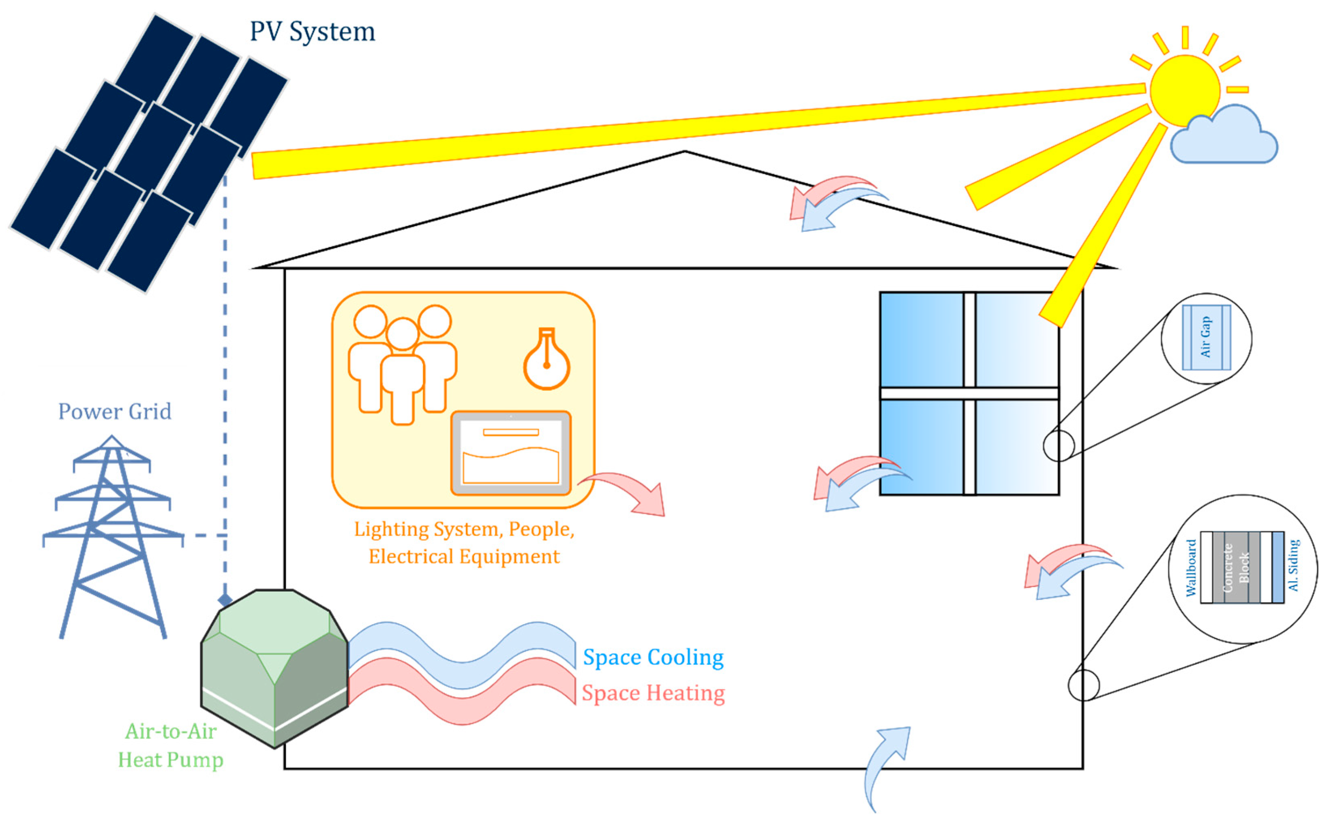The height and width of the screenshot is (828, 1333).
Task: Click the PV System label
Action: point(312,32)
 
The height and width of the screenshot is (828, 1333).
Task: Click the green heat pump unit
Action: point(274,668)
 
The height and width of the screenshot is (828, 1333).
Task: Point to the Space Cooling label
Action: point(653,657)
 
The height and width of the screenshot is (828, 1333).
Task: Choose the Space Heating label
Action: point(653,693)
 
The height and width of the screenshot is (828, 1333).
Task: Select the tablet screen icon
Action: point(511,453)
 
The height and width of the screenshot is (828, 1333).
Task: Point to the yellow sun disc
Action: point(1185,90)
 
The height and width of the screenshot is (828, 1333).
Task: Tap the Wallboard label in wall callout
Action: point(1191,568)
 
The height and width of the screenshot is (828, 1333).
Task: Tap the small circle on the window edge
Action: point(1059,446)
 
